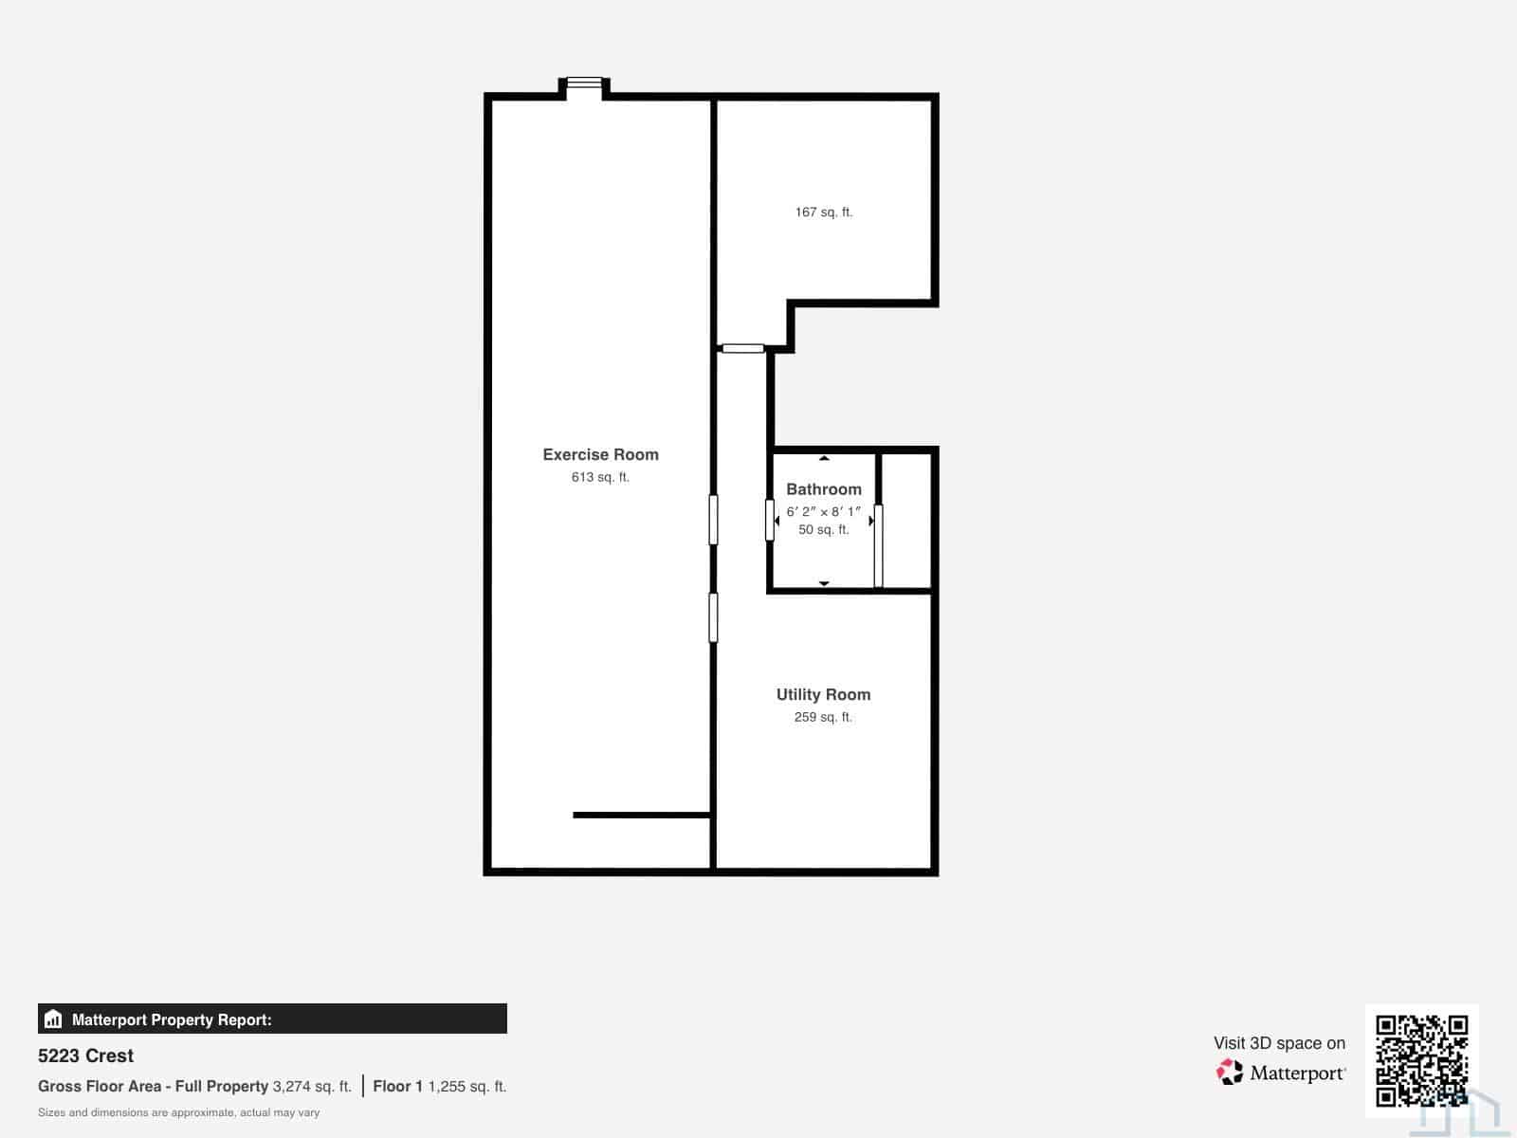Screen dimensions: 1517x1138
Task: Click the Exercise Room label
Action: tap(600, 454)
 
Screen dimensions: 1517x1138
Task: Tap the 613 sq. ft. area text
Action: tap(600, 477)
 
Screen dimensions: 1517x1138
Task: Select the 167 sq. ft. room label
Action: tap(823, 212)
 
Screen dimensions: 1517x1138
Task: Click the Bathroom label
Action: tap(823, 489)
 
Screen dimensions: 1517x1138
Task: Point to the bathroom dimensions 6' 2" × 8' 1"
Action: tap(823, 511)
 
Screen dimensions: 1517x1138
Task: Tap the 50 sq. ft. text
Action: tap(823, 529)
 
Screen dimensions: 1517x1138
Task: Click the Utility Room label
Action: tap(823, 694)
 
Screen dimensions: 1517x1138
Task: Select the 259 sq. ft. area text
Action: tap(823, 717)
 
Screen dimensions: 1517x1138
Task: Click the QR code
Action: tap(1421, 1060)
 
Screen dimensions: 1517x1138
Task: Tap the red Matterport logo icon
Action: tap(1230, 1072)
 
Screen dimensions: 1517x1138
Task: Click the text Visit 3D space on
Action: tap(1279, 1043)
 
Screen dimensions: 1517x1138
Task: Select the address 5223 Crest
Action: tap(85, 1055)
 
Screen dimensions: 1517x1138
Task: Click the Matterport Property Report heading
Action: tap(172, 1019)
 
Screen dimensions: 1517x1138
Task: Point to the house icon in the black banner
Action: tap(53, 1019)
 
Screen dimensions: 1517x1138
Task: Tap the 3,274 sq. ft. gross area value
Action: tap(312, 1086)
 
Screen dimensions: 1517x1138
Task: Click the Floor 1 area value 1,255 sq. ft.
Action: tap(467, 1086)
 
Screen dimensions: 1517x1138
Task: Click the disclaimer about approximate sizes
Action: tap(178, 1112)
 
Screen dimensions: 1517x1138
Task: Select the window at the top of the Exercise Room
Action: tap(584, 83)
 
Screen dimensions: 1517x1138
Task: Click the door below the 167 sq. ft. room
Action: tap(743, 348)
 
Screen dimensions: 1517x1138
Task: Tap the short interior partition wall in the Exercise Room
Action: tap(642, 816)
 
